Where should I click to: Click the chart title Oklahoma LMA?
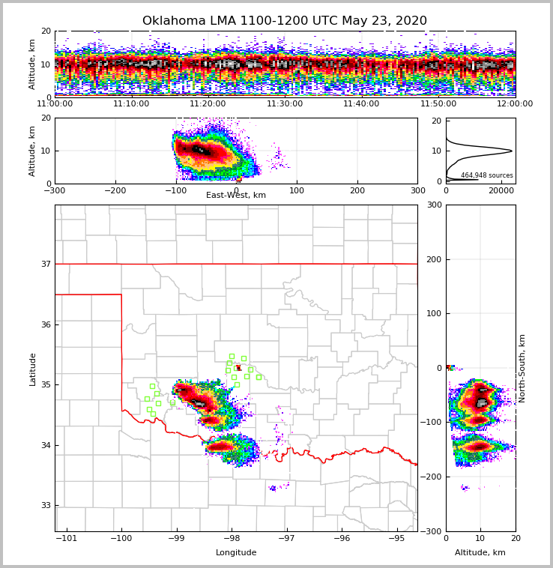pos(284,21)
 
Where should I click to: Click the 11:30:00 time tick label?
pos(285,104)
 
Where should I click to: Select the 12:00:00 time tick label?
pos(515,104)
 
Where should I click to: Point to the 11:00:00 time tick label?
pos(55,104)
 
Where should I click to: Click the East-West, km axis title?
pos(236,196)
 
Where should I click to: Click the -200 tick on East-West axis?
pos(115,190)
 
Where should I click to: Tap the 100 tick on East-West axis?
pos(297,190)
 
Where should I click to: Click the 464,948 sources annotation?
pos(487,175)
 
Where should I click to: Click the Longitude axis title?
pos(236,553)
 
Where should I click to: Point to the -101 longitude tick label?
pos(67,539)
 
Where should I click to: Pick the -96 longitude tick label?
pos(342,539)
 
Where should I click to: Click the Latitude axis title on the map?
pos(32,369)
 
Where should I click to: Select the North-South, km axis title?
pos(522,369)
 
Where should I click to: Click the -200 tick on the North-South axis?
pos(432,477)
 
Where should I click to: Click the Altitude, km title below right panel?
pos(480,553)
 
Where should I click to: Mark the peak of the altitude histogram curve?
pos(512,151)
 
